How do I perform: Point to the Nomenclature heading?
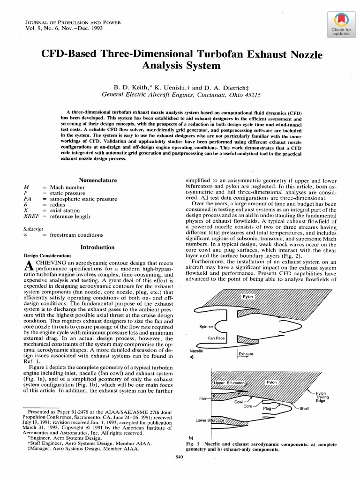tap(97, 180)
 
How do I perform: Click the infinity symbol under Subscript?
tap(26, 235)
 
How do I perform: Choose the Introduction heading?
tap(97, 247)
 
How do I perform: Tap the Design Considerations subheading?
tap(47, 256)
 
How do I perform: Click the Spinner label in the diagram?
tap(206, 327)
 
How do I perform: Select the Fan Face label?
tap(217, 338)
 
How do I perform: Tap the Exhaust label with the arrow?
tap(246, 354)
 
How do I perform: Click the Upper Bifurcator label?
tap(229, 383)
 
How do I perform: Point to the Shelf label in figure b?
tap(304, 408)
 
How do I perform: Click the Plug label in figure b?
tap(268, 409)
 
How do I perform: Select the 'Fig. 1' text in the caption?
tap(193, 443)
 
